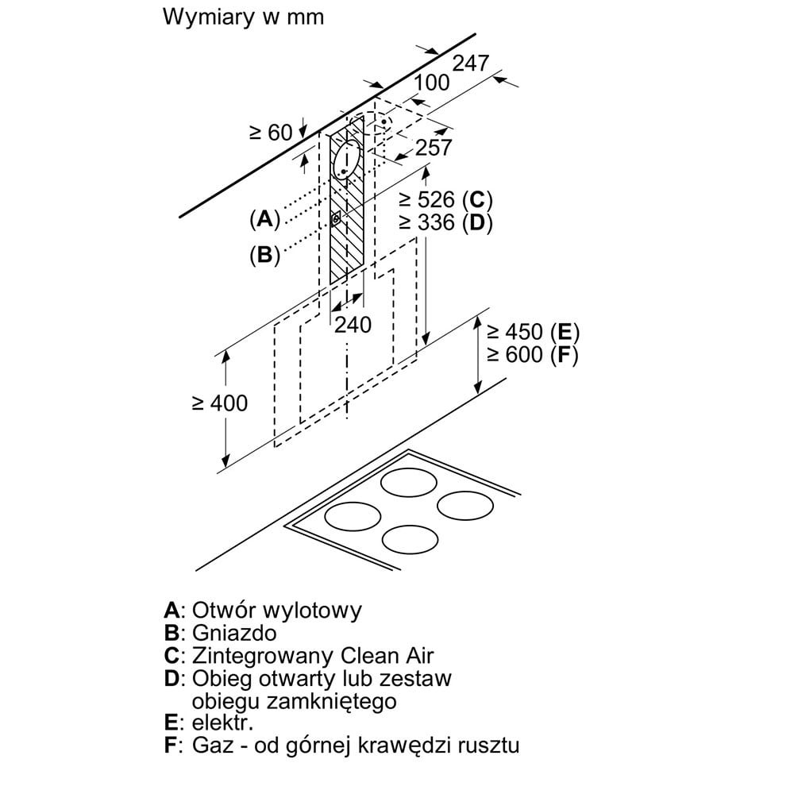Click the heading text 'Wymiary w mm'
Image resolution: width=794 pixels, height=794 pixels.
coord(243,17)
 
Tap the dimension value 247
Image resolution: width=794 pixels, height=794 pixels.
coord(470,64)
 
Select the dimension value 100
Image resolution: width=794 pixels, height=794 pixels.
coord(432,83)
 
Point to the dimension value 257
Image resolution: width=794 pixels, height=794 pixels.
coord(434,148)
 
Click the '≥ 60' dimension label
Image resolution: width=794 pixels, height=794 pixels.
coord(272,133)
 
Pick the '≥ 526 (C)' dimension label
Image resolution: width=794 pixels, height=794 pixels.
coord(445,199)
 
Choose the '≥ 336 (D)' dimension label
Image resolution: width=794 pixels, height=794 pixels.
coord(445,222)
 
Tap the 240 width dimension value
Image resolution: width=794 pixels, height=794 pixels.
coord(353,325)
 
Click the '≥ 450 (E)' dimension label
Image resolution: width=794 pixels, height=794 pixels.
coord(533,332)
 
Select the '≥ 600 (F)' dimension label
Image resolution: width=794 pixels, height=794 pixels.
coord(532,354)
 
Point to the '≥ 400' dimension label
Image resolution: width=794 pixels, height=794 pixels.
coord(220,403)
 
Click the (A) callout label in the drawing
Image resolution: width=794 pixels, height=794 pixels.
coord(265,219)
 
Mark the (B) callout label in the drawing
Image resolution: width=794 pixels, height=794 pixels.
coord(265,254)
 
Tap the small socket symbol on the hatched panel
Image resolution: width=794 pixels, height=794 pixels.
coord(336,219)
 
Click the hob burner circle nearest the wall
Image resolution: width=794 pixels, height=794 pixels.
coord(409,482)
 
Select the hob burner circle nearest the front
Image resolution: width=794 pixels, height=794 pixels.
coord(410,539)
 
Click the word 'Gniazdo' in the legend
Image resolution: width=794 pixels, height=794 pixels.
coord(234,634)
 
